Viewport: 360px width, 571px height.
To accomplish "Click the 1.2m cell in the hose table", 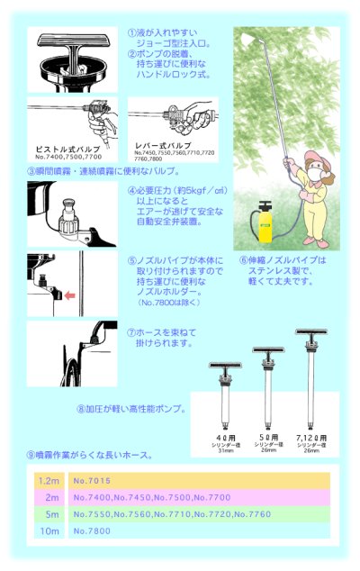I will click(49, 481).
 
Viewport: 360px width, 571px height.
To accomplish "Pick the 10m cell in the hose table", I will click(49, 532).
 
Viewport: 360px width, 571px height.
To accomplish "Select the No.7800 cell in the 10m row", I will click(93, 532).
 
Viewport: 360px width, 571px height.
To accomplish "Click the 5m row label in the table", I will click(49, 515).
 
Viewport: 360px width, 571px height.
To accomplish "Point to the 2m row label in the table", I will click(49, 498).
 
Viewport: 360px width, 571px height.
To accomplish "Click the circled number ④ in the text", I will click(132, 190).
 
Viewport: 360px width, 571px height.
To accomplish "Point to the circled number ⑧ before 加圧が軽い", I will click(82, 409).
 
